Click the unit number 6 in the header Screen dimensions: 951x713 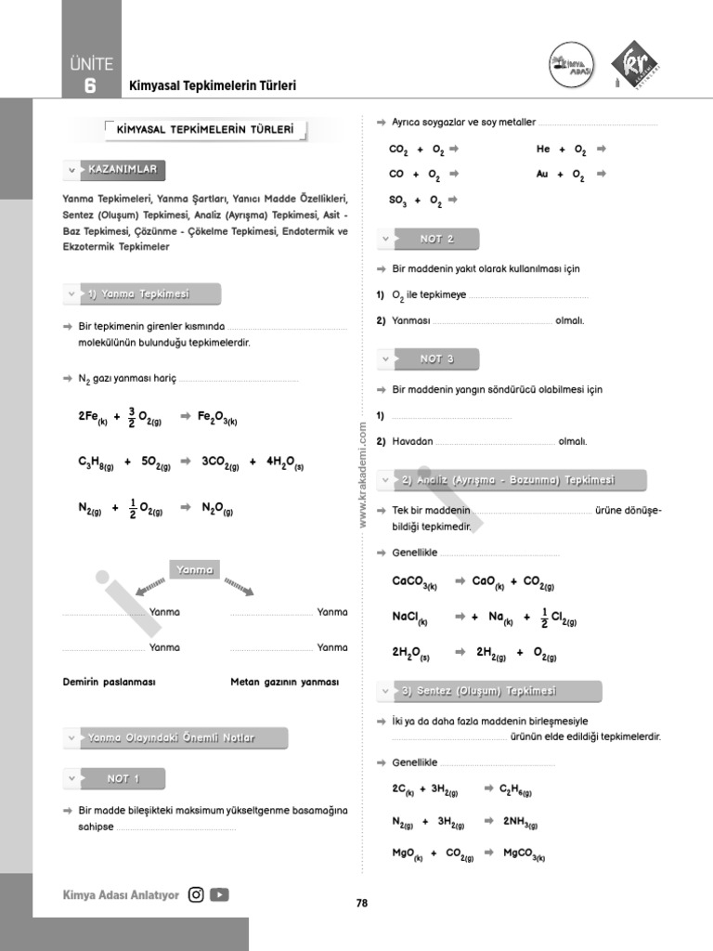[89, 86]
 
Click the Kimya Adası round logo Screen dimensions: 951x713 [571, 67]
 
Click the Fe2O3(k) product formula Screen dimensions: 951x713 [218, 418]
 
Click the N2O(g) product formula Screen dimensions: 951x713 [217, 509]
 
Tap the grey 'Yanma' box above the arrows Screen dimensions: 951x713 [194, 570]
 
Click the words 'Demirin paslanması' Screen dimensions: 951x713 [109, 682]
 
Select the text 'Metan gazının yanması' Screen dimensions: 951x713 [284, 682]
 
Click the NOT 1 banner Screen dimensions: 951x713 [123, 779]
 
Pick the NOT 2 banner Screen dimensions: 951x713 [436, 240]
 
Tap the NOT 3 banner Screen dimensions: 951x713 [436, 359]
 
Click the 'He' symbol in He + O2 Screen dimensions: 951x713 [543, 149]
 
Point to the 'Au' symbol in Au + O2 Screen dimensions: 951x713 [542, 174]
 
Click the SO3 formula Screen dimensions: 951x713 [397, 201]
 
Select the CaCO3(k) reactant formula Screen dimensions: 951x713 [414, 582]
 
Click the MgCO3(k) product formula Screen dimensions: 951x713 [525, 853]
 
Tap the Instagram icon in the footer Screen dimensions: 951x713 [196, 895]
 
